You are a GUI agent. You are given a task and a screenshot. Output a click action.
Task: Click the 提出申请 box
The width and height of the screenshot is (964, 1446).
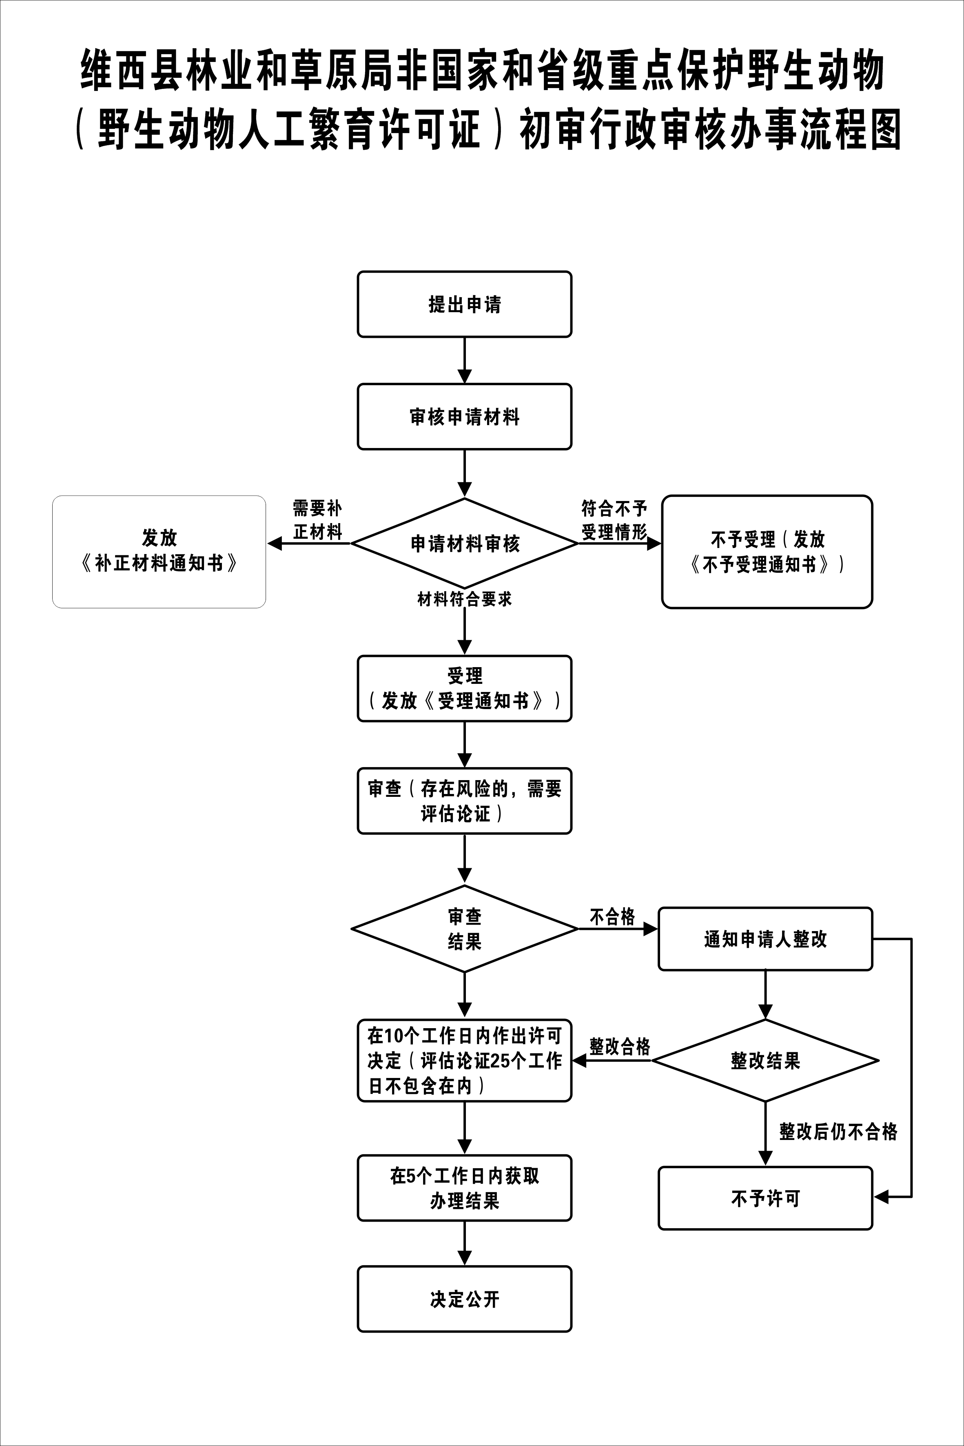[464, 304]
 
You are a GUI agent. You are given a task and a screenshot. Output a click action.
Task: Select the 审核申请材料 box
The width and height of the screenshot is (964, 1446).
[464, 417]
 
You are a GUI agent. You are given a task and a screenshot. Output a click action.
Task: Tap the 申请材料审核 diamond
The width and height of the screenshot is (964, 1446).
[464, 543]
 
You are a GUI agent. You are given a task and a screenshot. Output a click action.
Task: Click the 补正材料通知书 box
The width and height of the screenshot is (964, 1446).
[159, 552]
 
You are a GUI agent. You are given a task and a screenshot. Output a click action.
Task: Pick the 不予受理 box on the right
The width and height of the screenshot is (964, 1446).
[767, 552]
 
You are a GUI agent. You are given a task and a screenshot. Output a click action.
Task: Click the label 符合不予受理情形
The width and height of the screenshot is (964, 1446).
[614, 520]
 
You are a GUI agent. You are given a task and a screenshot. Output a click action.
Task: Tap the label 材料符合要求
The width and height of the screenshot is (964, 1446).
[464, 599]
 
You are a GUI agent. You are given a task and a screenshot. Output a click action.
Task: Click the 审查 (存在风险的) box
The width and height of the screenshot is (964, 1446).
[464, 801]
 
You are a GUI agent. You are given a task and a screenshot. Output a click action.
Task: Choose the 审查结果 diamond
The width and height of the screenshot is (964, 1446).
[464, 929]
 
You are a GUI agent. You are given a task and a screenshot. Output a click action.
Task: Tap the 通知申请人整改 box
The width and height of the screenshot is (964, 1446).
[765, 939]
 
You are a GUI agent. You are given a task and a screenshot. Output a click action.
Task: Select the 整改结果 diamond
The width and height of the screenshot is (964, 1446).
[765, 1060]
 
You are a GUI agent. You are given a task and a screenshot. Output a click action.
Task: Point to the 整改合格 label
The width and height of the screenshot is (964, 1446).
[619, 1047]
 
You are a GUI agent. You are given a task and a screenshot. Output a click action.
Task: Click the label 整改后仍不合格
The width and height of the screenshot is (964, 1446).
[838, 1131]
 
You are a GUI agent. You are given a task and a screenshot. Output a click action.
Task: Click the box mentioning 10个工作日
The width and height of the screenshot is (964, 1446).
[464, 1060]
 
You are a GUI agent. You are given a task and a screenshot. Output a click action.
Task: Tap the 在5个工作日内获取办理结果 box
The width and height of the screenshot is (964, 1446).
[464, 1189]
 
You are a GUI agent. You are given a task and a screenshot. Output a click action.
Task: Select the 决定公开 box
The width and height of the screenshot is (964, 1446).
[464, 1299]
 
